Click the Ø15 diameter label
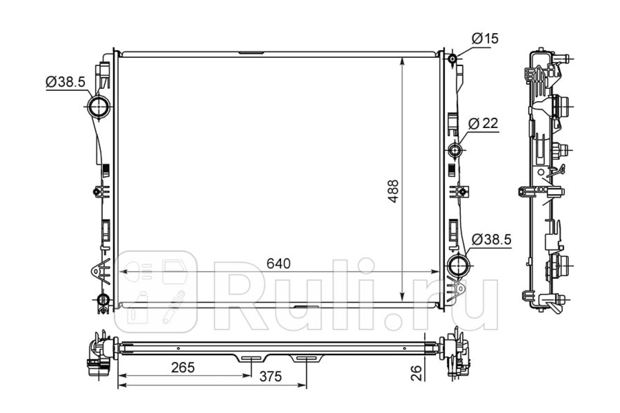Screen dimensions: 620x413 coord(485,39)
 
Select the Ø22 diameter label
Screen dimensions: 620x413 coord(483,123)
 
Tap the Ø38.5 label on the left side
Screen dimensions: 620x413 coord(65,82)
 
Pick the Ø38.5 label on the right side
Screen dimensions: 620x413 coord(491,239)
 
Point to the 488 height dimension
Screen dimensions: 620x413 coord(393,191)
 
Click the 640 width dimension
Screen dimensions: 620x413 coord(278,264)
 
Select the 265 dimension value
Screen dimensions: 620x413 coord(183,368)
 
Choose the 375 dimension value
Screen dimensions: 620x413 coord(270,376)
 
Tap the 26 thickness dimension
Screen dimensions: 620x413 coord(416,373)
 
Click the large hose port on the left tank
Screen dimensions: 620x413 coord(99,106)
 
